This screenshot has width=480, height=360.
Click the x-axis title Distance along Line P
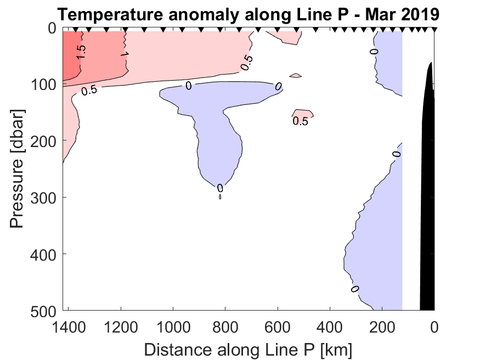click(248, 348)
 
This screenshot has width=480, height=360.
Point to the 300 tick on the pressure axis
click(44, 197)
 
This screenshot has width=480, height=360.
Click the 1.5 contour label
click(81, 52)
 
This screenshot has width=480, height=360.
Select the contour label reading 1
click(125, 55)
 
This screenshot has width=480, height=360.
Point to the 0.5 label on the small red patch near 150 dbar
click(300, 121)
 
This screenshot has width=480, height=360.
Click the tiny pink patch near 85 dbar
click(296, 75)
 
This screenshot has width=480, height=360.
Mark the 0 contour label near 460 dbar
click(354, 289)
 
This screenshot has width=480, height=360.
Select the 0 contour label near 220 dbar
click(396, 154)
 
